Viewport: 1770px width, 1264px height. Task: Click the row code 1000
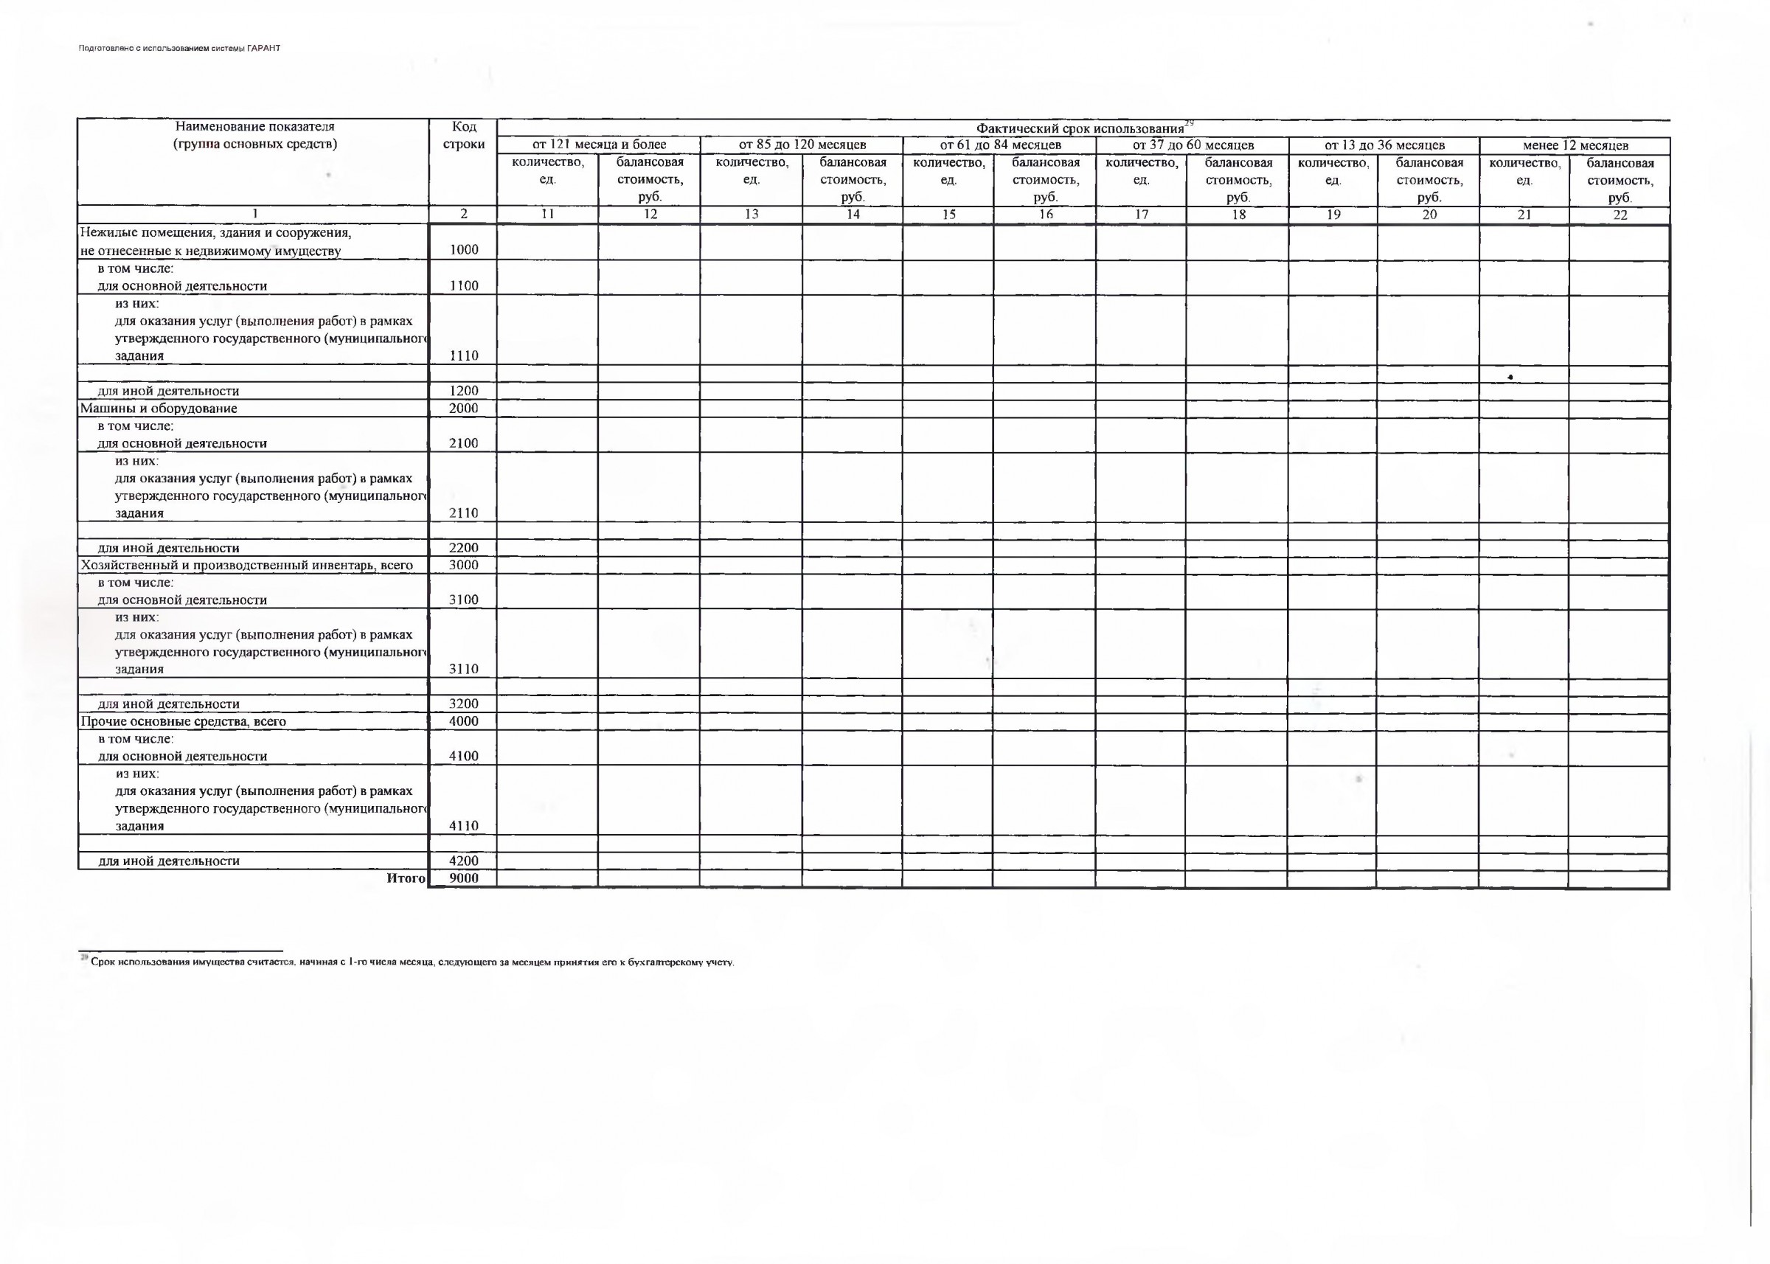click(x=463, y=250)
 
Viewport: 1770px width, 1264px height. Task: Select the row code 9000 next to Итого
click(x=463, y=878)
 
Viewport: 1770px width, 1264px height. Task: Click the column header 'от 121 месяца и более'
click(x=599, y=145)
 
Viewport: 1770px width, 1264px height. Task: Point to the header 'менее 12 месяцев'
click(x=1575, y=145)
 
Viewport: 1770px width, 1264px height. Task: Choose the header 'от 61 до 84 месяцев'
click(x=999, y=145)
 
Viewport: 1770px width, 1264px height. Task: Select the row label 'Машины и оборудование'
click(x=159, y=409)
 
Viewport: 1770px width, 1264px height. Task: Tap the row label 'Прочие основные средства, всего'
click(x=183, y=721)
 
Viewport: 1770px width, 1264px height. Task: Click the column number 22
click(x=1620, y=215)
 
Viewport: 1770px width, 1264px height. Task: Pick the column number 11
click(x=547, y=214)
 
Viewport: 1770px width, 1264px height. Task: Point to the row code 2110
click(x=463, y=513)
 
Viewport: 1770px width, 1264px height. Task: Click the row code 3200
click(x=463, y=704)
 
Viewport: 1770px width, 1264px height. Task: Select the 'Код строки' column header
click(x=463, y=136)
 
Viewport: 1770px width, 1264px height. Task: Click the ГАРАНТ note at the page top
click(x=179, y=48)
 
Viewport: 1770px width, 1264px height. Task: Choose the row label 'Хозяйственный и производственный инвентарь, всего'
click(x=247, y=565)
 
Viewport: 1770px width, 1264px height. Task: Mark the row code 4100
click(x=463, y=756)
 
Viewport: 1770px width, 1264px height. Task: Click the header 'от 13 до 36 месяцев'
click(x=1384, y=145)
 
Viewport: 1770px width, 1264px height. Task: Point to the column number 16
click(x=1044, y=214)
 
